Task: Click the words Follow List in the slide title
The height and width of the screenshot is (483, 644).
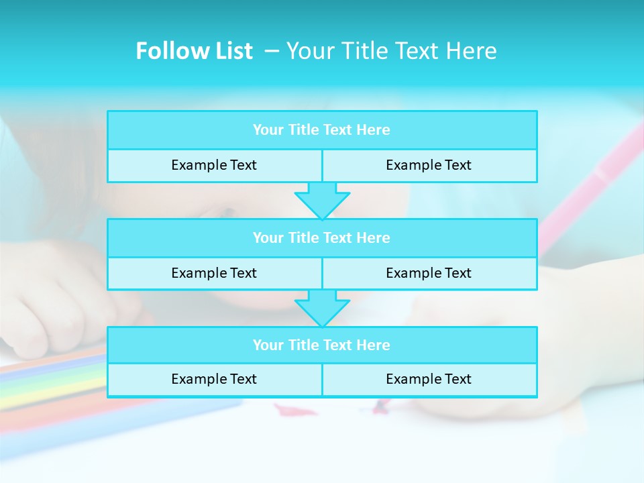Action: [194, 51]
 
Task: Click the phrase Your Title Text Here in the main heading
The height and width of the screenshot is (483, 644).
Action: [392, 51]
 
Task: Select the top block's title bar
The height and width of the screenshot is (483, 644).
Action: [322, 130]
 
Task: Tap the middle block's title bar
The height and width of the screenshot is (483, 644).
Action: [322, 238]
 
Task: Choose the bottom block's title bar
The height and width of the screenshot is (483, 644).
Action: [322, 345]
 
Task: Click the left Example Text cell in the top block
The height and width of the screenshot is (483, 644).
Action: [214, 166]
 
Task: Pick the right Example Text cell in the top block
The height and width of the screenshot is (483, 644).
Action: [429, 166]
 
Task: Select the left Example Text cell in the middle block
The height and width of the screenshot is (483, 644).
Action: [214, 274]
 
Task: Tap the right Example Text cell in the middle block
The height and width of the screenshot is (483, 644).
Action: [429, 274]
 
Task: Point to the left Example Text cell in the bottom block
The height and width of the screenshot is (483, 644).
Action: [214, 380]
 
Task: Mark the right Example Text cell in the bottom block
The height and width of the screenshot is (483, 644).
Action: [429, 380]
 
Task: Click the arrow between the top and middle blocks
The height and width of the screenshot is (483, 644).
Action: [322, 201]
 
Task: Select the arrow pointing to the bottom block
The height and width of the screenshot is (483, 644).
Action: [322, 308]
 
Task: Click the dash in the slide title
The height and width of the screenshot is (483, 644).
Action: [272, 51]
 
